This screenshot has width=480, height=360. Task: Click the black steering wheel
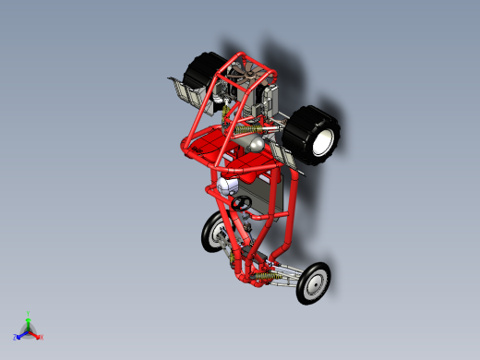pyautogui.click(x=242, y=202)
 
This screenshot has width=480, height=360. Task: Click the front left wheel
pyautogui.click(x=212, y=232)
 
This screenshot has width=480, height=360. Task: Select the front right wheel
pyautogui.click(x=314, y=282)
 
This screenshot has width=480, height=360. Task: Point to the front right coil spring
pyautogui.click(x=268, y=278)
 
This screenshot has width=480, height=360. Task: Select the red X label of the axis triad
pyautogui.click(x=42, y=337)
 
